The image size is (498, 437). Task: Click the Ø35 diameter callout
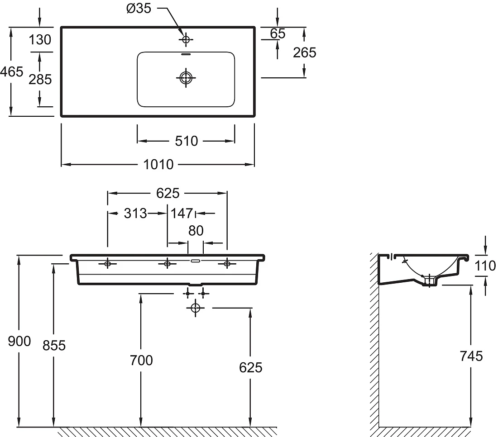pos(139,8)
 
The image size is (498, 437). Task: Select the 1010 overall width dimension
pos(158,164)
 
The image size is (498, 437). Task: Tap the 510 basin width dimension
pos(187,141)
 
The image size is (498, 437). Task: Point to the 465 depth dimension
pos(11,72)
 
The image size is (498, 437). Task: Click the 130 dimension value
pos(40,40)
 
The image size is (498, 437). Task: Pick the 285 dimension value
pos(40,79)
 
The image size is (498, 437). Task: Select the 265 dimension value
pos(305,52)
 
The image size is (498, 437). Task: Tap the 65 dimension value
pos(278,33)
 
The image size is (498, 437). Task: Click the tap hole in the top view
pos(186,40)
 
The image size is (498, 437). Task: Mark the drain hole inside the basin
pos(186,78)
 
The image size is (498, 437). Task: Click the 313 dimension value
pos(135,214)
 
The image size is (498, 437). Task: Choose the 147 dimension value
pos(182,214)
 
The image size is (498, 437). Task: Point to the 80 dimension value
pos(196,231)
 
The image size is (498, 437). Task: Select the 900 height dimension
pos(19,341)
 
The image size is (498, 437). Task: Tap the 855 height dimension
pos(54,345)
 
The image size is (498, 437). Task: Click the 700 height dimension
pos(141,360)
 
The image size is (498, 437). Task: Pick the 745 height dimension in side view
pos(471,356)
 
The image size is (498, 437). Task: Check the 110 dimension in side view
pos(485,266)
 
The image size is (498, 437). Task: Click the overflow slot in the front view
pos(195,261)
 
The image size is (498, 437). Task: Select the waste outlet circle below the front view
pos(195,308)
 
